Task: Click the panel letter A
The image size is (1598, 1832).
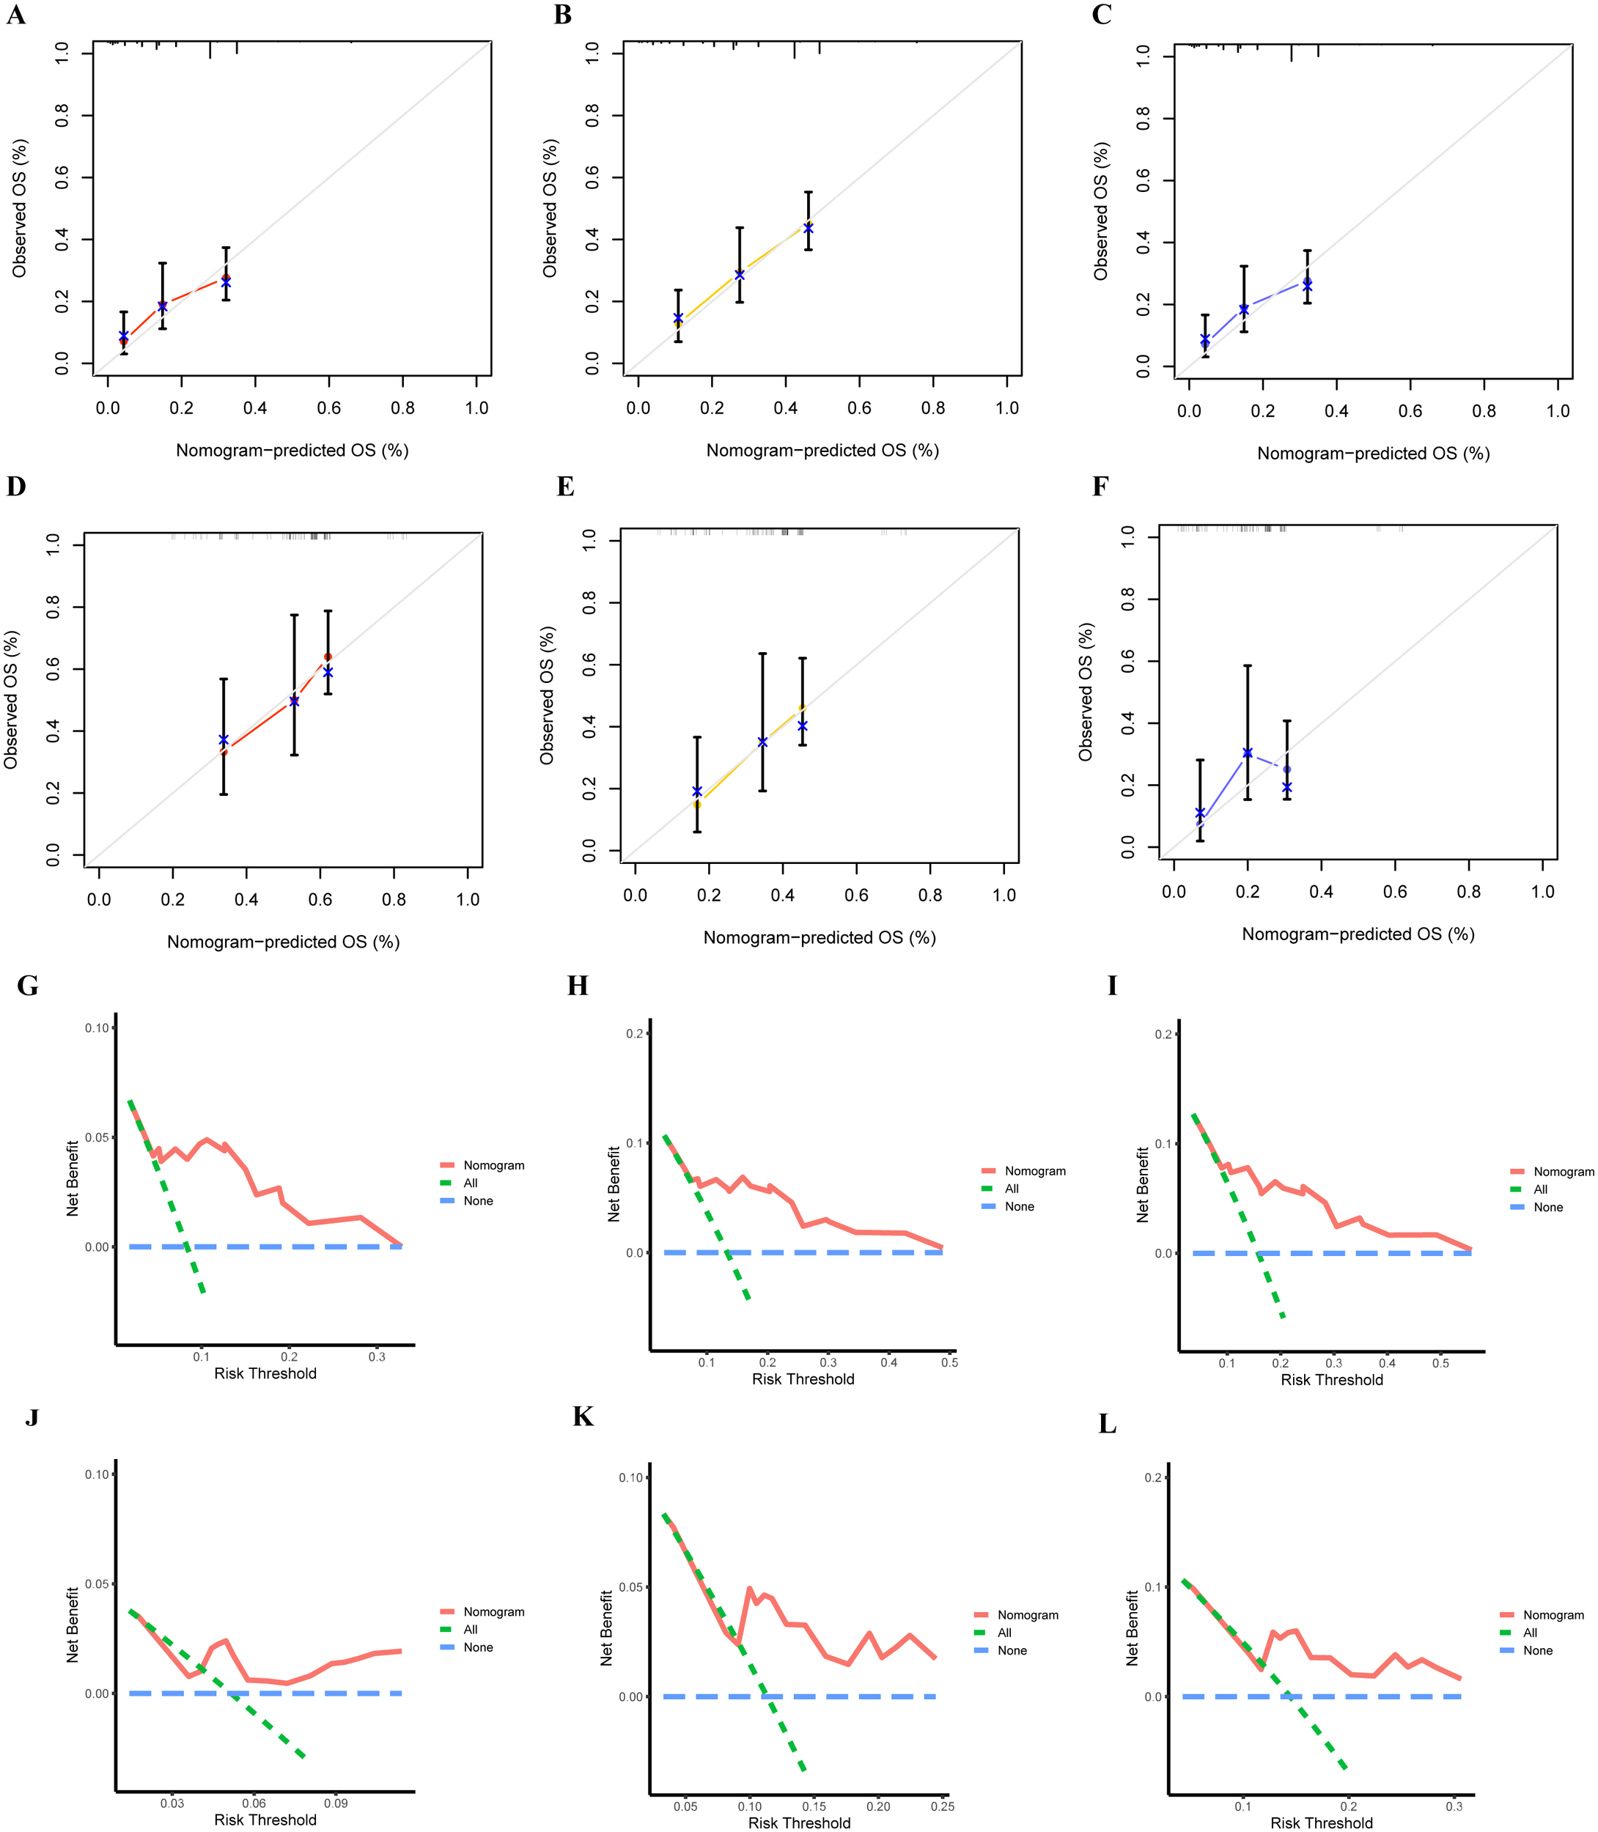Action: coord(16,15)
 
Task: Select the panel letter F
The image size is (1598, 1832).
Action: coord(1100,487)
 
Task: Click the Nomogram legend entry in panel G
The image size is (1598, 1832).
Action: coord(493,1165)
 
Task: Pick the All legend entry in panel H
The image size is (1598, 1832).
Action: coord(1012,1189)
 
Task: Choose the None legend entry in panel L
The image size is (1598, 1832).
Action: coord(1537,1650)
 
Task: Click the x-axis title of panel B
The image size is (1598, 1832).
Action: coord(822,450)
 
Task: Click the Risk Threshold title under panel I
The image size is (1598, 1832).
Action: coord(1331,1379)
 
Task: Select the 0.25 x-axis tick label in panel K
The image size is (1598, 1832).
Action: coord(943,1806)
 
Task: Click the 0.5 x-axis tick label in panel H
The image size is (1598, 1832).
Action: coord(950,1362)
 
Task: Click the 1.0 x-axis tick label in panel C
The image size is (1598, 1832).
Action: coord(1558,411)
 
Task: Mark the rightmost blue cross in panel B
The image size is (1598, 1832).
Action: coord(808,229)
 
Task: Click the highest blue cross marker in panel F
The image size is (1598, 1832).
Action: coord(1248,753)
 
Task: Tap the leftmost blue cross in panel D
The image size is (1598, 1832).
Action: coord(224,740)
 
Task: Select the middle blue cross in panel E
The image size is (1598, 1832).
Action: coord(762,742)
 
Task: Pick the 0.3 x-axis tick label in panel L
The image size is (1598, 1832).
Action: coord(1454,1806)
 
